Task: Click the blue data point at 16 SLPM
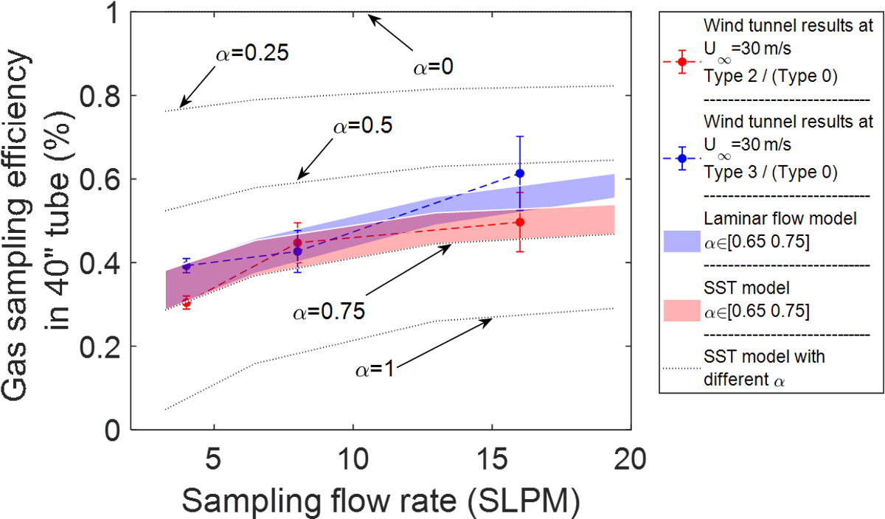519,173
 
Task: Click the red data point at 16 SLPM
519,222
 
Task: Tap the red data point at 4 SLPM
187,304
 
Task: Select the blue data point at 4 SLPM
187,268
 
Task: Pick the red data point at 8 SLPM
298,243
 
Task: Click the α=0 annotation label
431,68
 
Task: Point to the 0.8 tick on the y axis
99,96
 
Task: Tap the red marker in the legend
682,61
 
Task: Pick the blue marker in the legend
682,159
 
